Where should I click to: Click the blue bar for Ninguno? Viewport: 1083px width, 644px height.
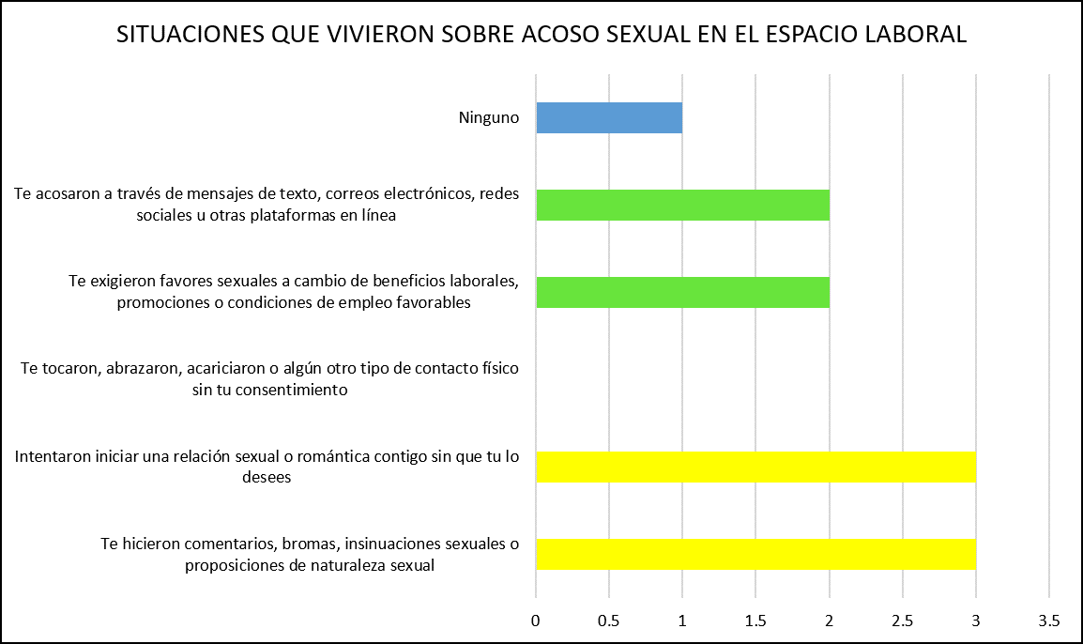pos(609,117)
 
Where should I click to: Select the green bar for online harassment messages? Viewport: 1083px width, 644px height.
pos(682,205)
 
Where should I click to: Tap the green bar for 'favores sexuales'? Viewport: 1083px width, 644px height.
pos(682,292)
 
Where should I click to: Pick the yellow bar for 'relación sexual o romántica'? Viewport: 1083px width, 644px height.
pos(755,467)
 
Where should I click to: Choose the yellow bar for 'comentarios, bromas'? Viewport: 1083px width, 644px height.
pos(755,554)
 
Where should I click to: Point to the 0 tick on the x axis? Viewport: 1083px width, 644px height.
pos(536,621)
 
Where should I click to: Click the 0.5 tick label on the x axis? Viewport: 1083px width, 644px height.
pos(609,621)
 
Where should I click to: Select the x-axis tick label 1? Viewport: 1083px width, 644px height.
pos(682,621)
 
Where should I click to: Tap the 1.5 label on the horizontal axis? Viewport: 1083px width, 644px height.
pos(755,621)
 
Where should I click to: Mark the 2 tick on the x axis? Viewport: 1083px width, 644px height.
pos(830,621)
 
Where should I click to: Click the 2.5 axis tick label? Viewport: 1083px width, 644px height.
pos(903,621)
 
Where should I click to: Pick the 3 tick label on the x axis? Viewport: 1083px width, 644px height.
pos(976,621)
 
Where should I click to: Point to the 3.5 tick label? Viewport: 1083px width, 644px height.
pos(1049,621)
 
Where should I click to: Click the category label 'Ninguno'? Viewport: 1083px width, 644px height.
pos(489,117)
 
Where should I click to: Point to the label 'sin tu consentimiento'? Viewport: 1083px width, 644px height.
pos(269,390)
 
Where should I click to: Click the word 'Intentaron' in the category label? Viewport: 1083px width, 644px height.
pos(52,457)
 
